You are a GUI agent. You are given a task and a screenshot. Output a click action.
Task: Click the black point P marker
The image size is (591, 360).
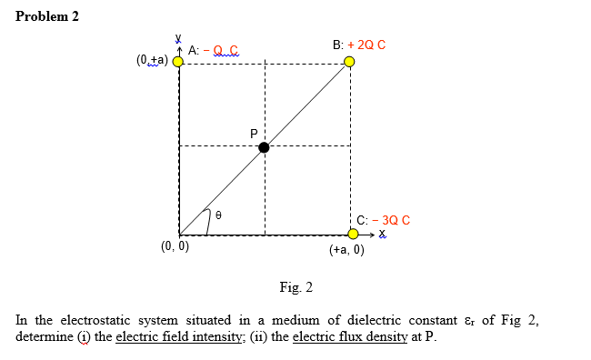point(264,147)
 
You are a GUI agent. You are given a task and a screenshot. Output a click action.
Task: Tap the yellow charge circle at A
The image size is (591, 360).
point(178,62)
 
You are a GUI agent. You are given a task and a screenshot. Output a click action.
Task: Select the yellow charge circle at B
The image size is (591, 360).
point(349,62)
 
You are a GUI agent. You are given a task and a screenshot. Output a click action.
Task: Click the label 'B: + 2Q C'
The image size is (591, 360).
point(359,45)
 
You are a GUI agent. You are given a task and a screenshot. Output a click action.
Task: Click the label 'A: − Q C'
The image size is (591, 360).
point(214,50)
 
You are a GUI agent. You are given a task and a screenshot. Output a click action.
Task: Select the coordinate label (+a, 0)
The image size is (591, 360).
point(346,250)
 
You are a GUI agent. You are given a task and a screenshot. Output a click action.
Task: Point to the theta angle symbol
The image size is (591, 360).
point(218,215)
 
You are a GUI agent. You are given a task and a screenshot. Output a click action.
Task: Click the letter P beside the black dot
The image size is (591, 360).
point(254,134)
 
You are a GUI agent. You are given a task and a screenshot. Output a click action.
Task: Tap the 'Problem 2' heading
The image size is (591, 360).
point(48,17)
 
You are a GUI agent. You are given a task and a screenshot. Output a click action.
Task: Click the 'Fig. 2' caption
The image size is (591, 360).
point(295,288)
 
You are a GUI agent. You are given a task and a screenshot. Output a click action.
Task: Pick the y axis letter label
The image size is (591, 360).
point(178,38)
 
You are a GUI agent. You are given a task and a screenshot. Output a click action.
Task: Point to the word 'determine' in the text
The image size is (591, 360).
point(44,336)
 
